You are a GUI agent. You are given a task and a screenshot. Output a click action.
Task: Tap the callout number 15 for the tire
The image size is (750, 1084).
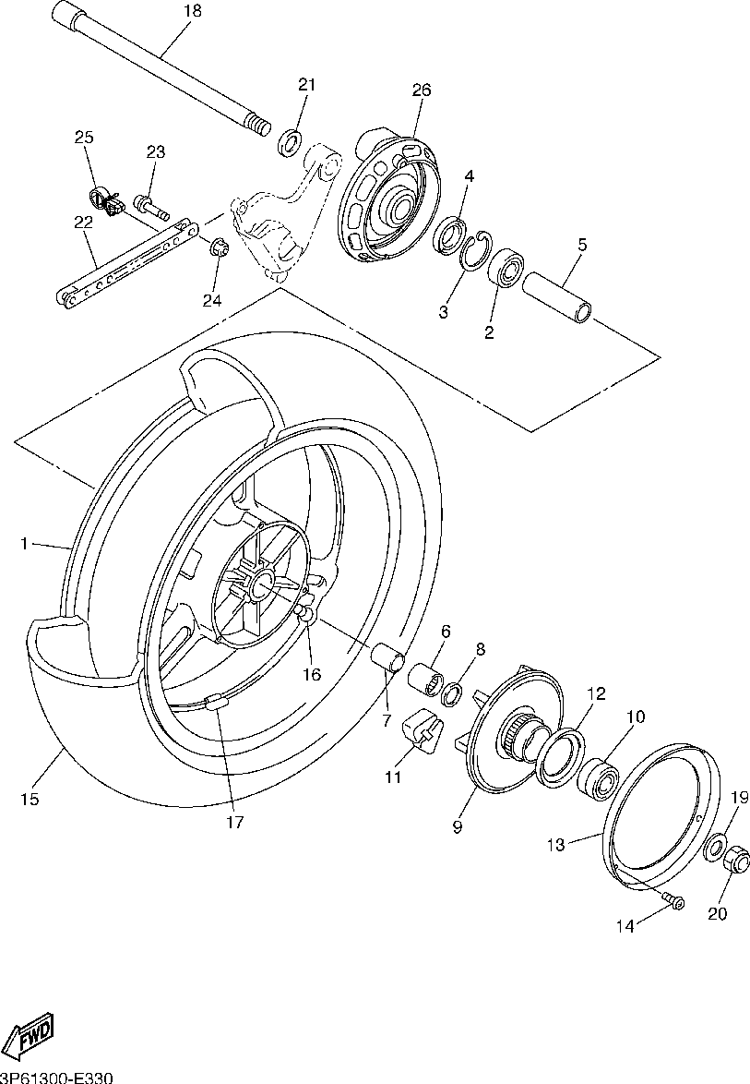(x=30, y=800)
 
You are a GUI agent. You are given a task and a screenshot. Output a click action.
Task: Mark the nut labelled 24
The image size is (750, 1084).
(x=219, y=247)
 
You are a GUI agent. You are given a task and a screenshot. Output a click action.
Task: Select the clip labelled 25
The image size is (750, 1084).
(x=106, y=198)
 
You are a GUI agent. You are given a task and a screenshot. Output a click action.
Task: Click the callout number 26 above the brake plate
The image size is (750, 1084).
(x=422, y=90)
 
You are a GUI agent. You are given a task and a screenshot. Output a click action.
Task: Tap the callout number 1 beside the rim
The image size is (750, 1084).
(x=24, y=544)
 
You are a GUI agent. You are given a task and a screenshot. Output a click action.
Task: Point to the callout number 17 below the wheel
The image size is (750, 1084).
(x=235, y=822)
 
